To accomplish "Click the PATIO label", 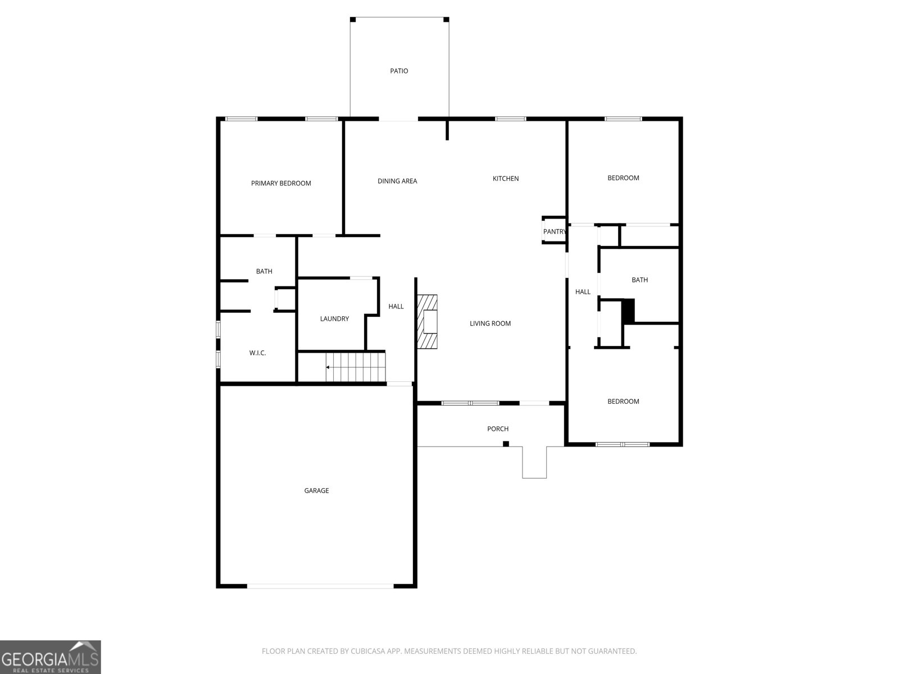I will coord(399,71).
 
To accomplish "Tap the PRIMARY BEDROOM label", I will coord(281,183).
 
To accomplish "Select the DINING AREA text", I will coord(397,181).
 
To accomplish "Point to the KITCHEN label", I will coord(506,179).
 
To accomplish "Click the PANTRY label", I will coord(555,231).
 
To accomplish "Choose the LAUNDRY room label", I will coord(334,318).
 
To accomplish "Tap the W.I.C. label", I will coord(257,353).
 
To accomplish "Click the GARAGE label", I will coord(316,490).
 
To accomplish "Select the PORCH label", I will coord(498,429).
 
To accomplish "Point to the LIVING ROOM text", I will coord(490,323).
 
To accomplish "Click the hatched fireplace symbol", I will coord(427,322).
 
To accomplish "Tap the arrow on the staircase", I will coord(328,367).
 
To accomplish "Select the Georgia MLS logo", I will coord(50,657).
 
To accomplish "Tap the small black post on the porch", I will coord(506,444).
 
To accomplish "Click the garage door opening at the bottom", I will coord(320,586).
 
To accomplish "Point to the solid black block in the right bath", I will coord(628,311).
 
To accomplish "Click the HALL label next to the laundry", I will coord(396,306).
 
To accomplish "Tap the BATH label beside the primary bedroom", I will coord(264,271).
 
